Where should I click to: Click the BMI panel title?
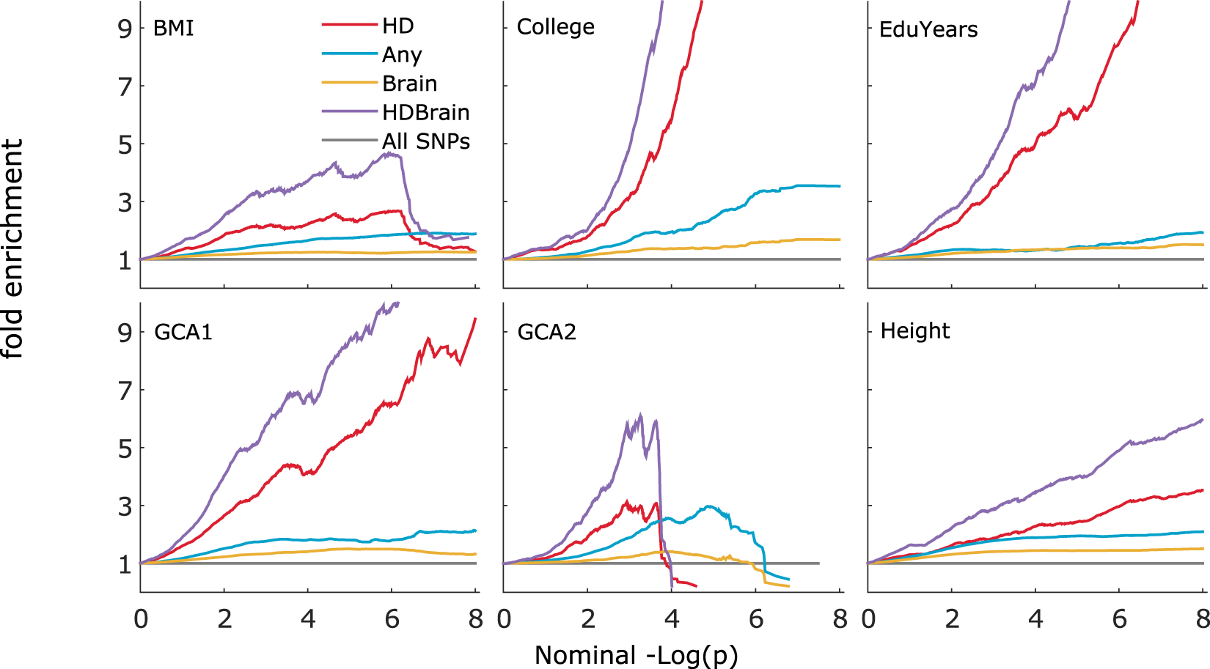click(173, 29)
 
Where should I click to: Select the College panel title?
click(555, 27)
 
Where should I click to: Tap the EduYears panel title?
click(928, 30)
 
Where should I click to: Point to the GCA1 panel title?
click(183, 333)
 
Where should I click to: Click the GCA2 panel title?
click(546, 333)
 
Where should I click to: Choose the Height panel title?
click(914, 331)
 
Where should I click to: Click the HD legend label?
click(397, 26)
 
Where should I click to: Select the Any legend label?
click(401, 55)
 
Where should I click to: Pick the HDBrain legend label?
click(425, 113)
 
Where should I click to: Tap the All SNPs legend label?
click(425, 141)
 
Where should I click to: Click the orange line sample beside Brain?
click(349, 83)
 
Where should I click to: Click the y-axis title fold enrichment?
click(12, 249)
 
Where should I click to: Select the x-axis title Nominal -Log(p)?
click(636, 655)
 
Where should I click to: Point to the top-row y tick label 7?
click(125, 87)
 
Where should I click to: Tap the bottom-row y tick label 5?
click(125, 448)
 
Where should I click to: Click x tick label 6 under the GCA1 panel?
click(392, 620)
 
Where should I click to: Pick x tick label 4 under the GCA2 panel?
click(672, 620)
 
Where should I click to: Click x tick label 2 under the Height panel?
click(952, 620)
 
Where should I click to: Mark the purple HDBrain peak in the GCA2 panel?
click(641, 415)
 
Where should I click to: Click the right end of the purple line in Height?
click(1202, 420)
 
